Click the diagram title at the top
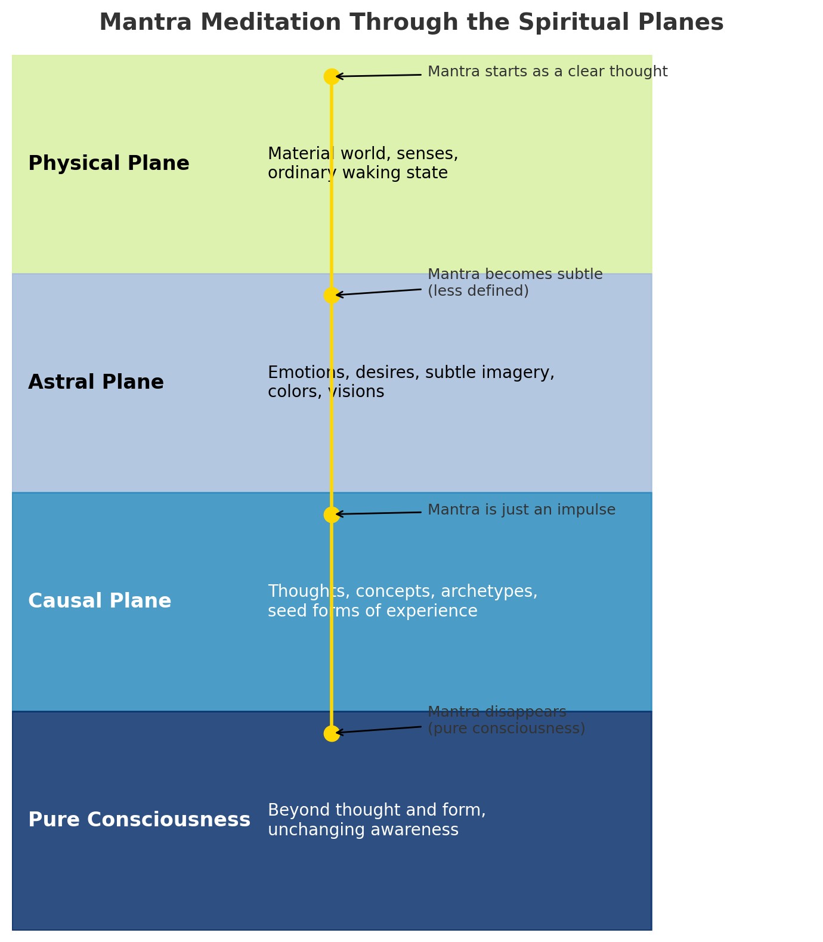click(x=411, y=23)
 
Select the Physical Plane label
click(x=109, y=163)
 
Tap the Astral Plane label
click(x=96, y=382)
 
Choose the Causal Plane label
click(x=100, y=601)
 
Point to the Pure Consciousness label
click(x=139, y=820)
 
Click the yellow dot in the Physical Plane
click(x=332, y=76)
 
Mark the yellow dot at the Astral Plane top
click(x=332, y=295)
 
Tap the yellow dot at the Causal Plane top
click(x=332, y=515)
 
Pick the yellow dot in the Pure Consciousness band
click(x=332, y=733)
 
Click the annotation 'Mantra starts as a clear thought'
click(x=547, y=72)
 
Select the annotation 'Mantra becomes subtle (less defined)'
click(x=515, y=283)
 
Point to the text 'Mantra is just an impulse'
click(x=521, y=510)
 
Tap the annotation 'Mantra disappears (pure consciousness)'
click(x=506, y=720)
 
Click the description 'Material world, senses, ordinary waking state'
click(x=363, y=163)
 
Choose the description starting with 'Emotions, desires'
click(x=411, y=382)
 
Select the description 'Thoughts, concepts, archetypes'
click(x=403, y=601)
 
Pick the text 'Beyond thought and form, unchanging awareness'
click(x=377, y=820)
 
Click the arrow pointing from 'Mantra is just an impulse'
click(x=378, y=513)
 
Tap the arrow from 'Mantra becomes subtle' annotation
click(x=378, y=292)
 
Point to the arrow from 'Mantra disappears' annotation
click(x=378, y=730)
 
